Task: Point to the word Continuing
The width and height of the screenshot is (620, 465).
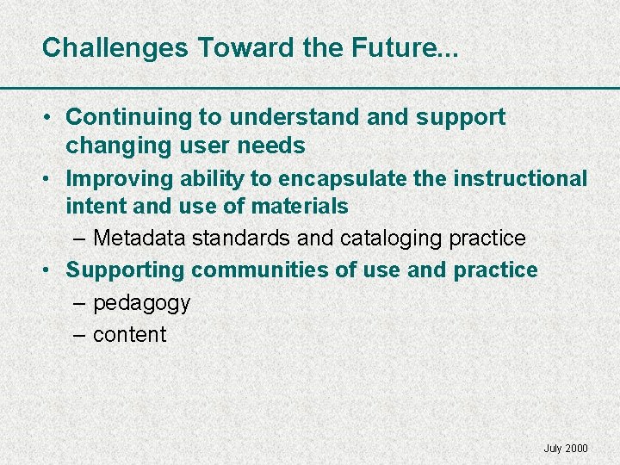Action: point(126,117)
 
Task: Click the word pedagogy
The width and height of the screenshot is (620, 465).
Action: point(141,303)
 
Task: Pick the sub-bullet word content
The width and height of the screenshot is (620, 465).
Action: point(129,335)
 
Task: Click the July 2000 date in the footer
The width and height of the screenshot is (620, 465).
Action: point(566,449)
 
